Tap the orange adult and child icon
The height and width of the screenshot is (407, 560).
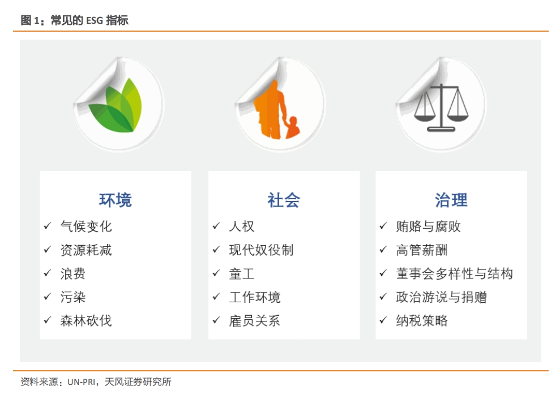pyautogui.click(x=276, y=109)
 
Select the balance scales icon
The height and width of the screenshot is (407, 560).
pyautogui.click(x=441, y=108)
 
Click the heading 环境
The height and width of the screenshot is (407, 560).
pyautogui.click(x=116, y=200)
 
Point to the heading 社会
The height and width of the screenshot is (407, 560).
pyautogui.click(x=284, y=200)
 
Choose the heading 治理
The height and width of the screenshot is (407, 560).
pyautogui.click(x=451, y=200)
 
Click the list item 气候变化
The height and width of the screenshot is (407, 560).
pyautogui.click(x=86, y=226)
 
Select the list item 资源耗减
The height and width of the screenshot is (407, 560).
pyautogui.click(x=86, y=250)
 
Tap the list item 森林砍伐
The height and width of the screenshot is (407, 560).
pyautogui.click(x=86, y=320)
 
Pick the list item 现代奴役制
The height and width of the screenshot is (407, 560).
pyautogui.click(x=261, y=250)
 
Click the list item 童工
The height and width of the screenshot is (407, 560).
pyautogui.click(x=242, y=274)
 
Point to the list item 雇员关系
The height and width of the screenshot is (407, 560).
pyautogui.click(x=255, y=320)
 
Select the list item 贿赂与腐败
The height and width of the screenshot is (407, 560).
pyautogui.click(x=428, y=226)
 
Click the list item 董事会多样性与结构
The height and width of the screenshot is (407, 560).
pyautogui.click(x=454, y=274)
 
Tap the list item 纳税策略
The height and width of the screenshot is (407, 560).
pyautogui.click(x=422, y=320)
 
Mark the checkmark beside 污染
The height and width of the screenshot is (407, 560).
pyautogui.click(x=48, y=297)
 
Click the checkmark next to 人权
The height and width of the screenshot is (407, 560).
pyautogui.click(x=216, y=226)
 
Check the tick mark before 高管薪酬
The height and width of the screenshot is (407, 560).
pyautogui.click(x=383, y=250)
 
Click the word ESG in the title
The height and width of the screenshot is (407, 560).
pyautogui.click(x=95, y=21)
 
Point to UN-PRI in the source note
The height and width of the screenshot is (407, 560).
pyautogui.click(x=82, y=382)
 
